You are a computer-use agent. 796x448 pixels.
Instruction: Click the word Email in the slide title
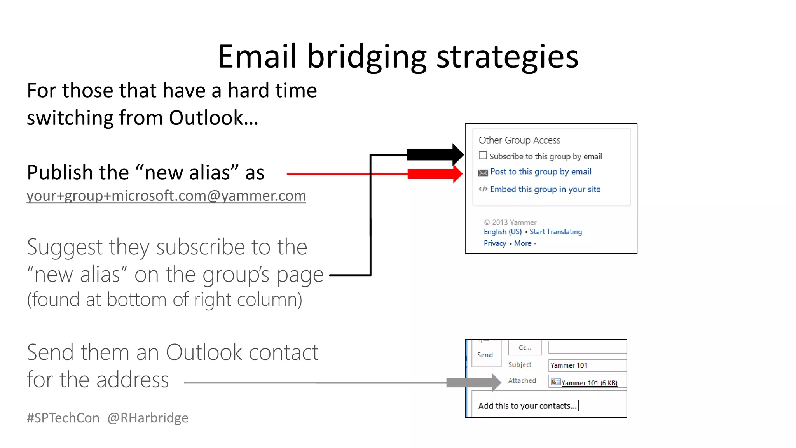tap(257, 57)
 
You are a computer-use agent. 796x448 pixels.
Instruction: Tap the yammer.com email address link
tap(166, 196)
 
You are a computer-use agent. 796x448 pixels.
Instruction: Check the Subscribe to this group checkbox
tap(483, 156)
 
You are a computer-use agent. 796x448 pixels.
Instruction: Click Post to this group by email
tap(540, 172)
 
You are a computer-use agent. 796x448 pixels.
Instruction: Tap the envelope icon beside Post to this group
tap(483, 173)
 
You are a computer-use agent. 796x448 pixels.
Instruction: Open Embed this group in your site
tap(545, 189)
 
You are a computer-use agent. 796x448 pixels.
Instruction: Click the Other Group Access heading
tap(519, 140)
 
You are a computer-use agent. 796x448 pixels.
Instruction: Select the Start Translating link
tap(556, 232)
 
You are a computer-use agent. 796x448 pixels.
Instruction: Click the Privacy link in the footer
tap(495, 243)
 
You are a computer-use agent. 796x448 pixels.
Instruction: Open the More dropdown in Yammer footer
tap(525, 243)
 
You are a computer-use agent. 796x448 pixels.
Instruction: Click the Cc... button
tap(525, 348)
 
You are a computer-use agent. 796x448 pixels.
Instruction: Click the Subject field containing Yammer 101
tap(587, 365)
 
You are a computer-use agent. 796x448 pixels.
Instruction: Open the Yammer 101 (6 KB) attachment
tap(589, 383)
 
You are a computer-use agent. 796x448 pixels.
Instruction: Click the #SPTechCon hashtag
tap(63, 418)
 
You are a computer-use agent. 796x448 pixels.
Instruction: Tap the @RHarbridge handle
tap(148, 418)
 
